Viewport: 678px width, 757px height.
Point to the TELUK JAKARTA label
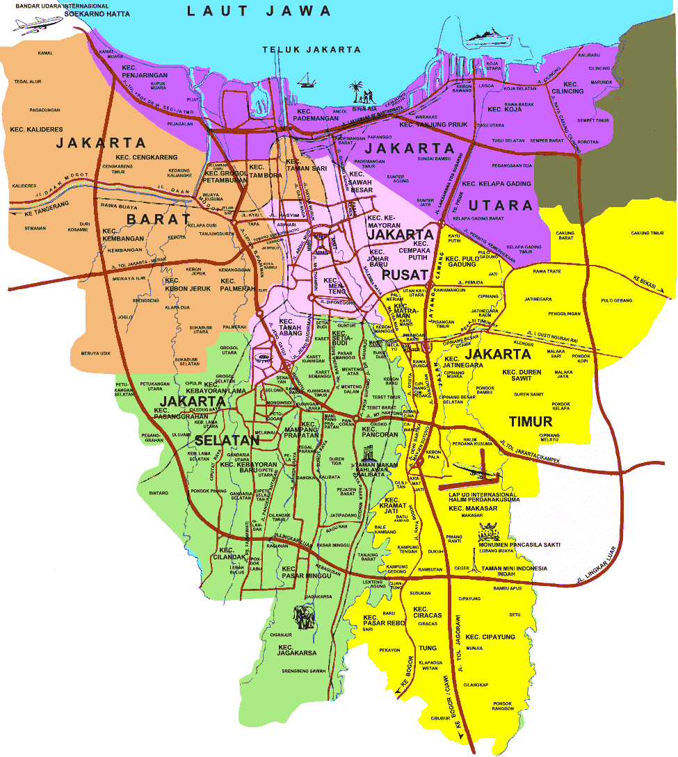click(x=312, y=49)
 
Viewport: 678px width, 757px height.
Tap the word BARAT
click(x=159, y=219)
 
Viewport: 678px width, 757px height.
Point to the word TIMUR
click(x=530, y=422)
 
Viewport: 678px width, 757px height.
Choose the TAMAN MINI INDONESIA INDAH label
click(x=513, y=571)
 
